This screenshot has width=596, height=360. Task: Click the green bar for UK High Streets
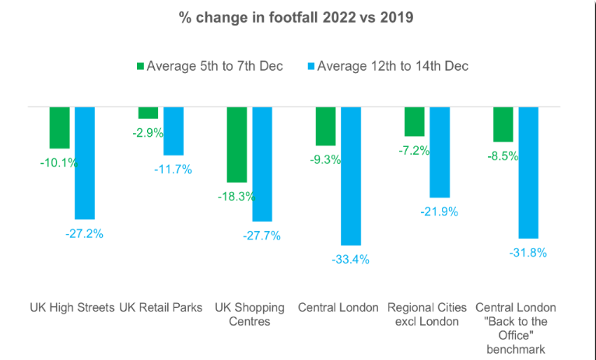pyautogui.click(x=60, y=127)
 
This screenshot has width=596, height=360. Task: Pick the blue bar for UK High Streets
pyautogui.click(x=85, y=163)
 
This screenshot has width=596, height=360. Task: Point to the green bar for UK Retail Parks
pyautogui.click(x=148, y=113)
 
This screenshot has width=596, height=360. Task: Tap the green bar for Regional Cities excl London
pyautogui.click(x=415, y=121)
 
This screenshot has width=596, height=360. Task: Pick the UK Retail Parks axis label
pyautogui.click(x=159, y=307)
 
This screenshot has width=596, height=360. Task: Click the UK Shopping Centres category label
pyautogui.click(x=249, y=314)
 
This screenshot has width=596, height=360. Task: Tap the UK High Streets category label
pyautogui.click(x=72, y=307)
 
